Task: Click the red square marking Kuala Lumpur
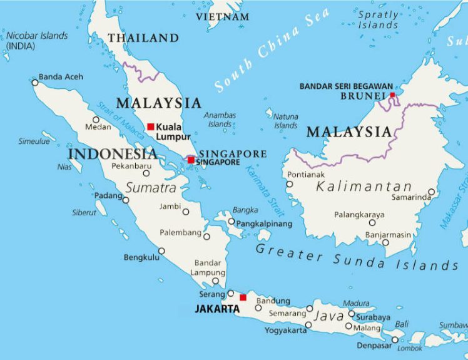pyautogui.click(x=151, y=126)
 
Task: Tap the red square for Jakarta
pyautogui.click(x=243, y=297)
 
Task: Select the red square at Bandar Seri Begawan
pyautogui.click(x=392, y=95)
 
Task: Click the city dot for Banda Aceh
pyautogui.click(x=35, y=82)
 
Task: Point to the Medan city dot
pyautogui.click(x=96, y=120)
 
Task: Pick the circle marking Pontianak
pyautogui.click(x=289, y=184)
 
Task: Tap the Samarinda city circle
pyautogui.click(x=431, y=192)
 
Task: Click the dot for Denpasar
pyautogui.click(x=395, y=340)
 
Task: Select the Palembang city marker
pyautogui.click(x=207, y=236)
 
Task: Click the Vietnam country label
pyautogui.click(x=222, y=17)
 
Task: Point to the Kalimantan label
pyautogui.click(x=364, y=187)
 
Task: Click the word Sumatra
pyautogui.click(x=151, y=187)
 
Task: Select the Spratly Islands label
pyautogui.click(x=379, y=19)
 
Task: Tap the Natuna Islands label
pyautogui.click(x=286, y=121)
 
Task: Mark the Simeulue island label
pyautogui.click(x=34, y=141)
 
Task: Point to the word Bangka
pyautogui.click(x=245, y=210)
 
